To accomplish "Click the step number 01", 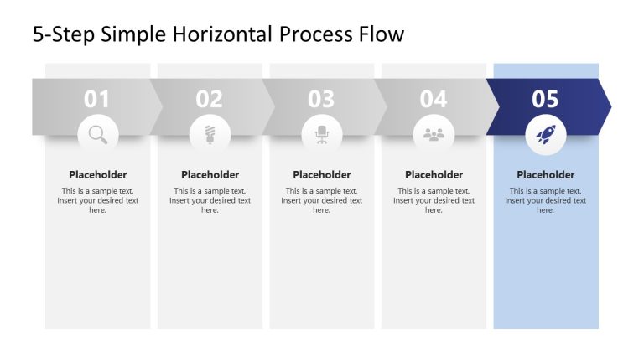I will (97, 100).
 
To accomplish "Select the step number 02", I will (210, 100).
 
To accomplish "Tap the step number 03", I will (321, 100).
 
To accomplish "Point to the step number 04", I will (434, 100).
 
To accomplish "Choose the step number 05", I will (545, 100).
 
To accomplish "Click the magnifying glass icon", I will (98, 134).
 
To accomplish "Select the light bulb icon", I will (210, 134).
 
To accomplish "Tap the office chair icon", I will (322, 134).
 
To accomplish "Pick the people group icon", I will (434, 134).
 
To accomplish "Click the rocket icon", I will (546, 134).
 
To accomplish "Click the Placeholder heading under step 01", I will (98, 175).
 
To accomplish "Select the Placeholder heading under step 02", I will (210, 175).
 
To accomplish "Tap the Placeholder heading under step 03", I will (322, 175).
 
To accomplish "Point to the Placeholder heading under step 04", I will (434, 175).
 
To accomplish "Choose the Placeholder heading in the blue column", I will (546, 175).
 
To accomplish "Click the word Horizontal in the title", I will (221, 34).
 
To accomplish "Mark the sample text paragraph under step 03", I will (322, 200).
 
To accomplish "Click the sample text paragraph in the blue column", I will (546, 200).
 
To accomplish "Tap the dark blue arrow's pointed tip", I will (609, 106).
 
